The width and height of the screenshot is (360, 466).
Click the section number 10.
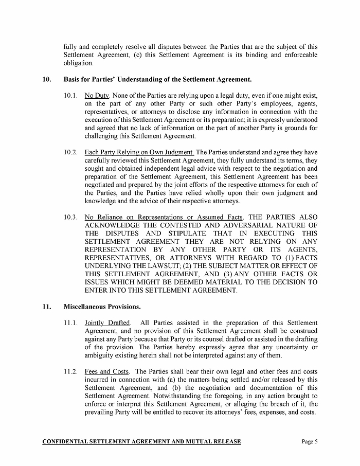pyautogui.click(x=46, y=80)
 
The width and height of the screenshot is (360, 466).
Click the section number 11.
pyautogui.click(x=46, y=307)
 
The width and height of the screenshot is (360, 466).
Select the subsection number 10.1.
pyautogui.click(x=70, y=96)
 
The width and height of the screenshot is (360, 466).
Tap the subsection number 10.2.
pyautogui.click(x=70, y=152)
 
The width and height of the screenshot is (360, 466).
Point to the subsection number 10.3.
pyautogui.click(x=70, y=217)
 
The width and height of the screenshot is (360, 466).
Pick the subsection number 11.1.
pyautogui.click(x=70, y=323)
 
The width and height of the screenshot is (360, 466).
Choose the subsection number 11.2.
pyautogui.click(x=70, y=371)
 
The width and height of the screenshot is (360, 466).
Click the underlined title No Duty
pyautogui.click(x=97, y=96)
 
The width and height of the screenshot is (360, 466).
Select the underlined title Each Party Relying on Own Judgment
pyautogui.click(x=139, y=152)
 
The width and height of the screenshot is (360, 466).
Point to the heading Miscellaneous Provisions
pyautogui.click(x=102, y=307)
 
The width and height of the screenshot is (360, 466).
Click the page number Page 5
pyautogui.click(x=310, y=442)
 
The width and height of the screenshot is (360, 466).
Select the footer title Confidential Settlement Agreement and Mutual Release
pyautogui.click(x=141, y=442)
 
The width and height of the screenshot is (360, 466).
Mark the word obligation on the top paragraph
pyautogui.click(x=79, y=63)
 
